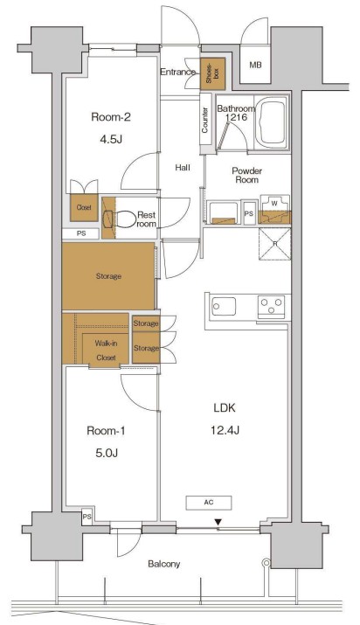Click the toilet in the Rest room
point(120,219)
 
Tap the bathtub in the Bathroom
point(273,122)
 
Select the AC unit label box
point(209,503)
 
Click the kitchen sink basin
point(224,306)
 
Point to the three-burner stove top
point(271,306)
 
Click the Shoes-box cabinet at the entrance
point(212,73)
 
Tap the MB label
point(256,65)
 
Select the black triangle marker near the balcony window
point(218,522)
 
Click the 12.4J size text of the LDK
point(225,430)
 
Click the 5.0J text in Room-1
point(107,453)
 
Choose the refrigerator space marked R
point(274,244)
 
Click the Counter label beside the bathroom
point(205,121)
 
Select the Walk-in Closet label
point(106,350)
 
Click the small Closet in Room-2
point(84,207)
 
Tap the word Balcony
point(164,564)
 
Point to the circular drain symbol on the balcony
point(266,563)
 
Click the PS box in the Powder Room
point(249,213)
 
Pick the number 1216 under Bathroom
point(237,117)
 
